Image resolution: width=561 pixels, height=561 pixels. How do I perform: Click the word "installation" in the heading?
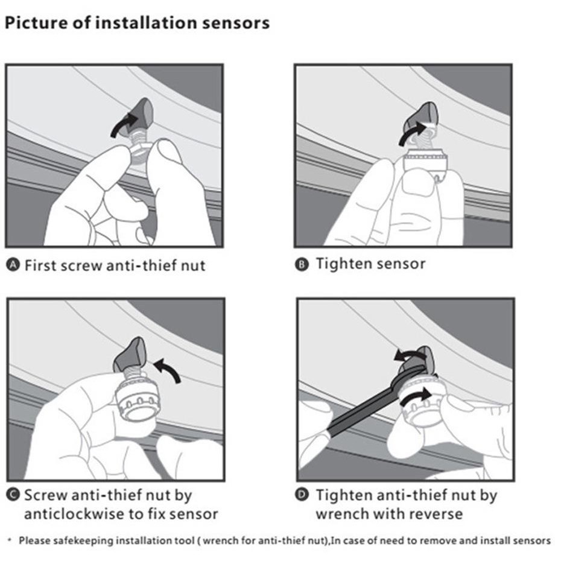[147, 23]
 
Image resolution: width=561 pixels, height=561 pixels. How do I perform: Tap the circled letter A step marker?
[13, 265]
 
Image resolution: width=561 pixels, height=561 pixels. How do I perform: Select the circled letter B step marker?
[302, 264]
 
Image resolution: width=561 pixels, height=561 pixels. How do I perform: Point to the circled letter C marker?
[13, 495]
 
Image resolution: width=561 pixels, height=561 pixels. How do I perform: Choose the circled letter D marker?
[302, 495]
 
